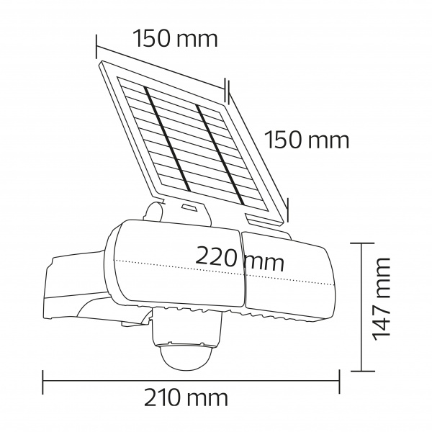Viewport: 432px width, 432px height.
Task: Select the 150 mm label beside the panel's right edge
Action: pos(307,139)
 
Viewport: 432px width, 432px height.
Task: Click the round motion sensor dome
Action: pos(186,351)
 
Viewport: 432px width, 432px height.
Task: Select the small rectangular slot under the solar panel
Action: pos(189,209)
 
